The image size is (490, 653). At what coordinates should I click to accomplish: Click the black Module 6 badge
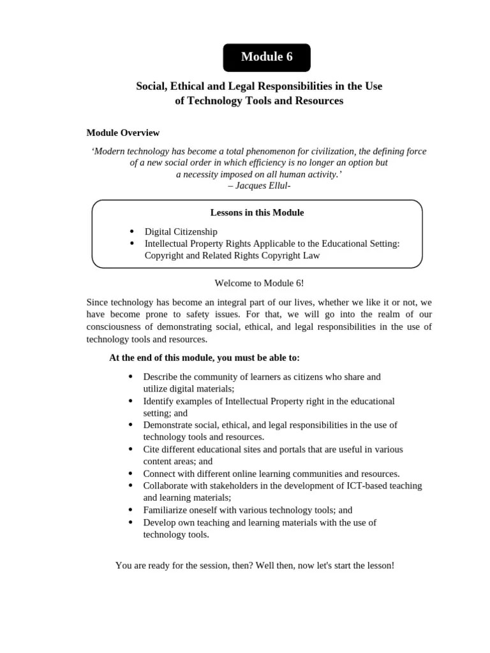coord(267,57)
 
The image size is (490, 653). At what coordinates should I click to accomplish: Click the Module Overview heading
coord(123,133)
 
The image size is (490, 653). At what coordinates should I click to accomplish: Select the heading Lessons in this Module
coord(257,212)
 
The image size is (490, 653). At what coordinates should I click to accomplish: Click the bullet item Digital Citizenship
coord(181,231)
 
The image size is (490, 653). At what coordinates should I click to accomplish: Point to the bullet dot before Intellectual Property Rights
coord(131,243)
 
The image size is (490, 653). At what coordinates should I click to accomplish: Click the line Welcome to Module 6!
coord(255,282)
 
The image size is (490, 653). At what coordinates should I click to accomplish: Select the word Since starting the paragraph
coord(97,302)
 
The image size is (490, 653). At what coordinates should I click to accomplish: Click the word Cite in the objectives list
coord(152,449)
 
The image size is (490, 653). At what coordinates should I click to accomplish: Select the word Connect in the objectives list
coord(160,473)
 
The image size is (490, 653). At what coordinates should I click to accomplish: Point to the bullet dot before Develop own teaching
coord(131,522)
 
